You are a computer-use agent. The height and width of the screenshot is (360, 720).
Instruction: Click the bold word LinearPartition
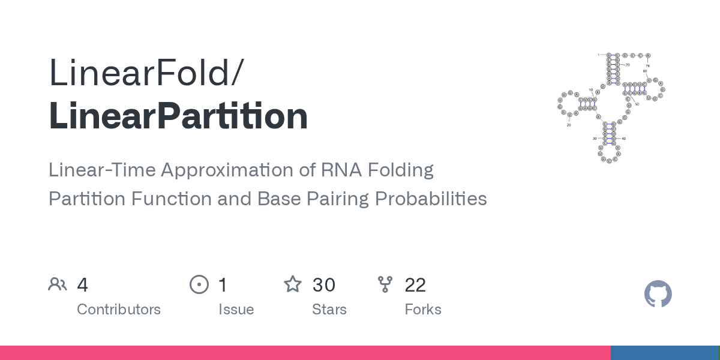[x=178, y=116]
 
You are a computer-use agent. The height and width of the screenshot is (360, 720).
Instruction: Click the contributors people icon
[x=58, y=284]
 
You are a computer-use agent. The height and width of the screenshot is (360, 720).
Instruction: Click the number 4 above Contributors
[x=83, y=285]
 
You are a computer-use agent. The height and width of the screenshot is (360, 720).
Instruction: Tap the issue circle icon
[x=199, y=284]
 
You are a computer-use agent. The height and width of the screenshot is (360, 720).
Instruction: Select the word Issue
[x=236, y=310]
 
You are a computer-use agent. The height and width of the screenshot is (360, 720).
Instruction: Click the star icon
[x=293, y=284]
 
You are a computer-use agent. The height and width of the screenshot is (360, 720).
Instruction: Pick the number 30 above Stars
[x=323, y=285]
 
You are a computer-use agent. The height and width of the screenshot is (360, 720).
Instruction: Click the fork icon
[x=385, y=284]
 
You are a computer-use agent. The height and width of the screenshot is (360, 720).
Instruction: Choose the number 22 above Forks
[x=415, y=285]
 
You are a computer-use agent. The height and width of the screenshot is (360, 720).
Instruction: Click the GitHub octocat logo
[x=658, y=294]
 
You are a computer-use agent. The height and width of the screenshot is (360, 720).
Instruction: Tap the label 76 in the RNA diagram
[x=648, y=65]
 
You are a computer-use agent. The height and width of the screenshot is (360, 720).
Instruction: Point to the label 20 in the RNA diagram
[x=568, y=125]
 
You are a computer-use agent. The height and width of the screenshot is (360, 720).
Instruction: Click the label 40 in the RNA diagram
[x=623, y=139]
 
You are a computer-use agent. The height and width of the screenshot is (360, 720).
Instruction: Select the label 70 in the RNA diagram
[x=628, y=64]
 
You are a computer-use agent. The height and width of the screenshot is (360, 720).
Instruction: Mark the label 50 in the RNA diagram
[x=637, y=104]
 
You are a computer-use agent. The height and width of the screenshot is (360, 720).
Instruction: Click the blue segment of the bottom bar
[x=664, y=353]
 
